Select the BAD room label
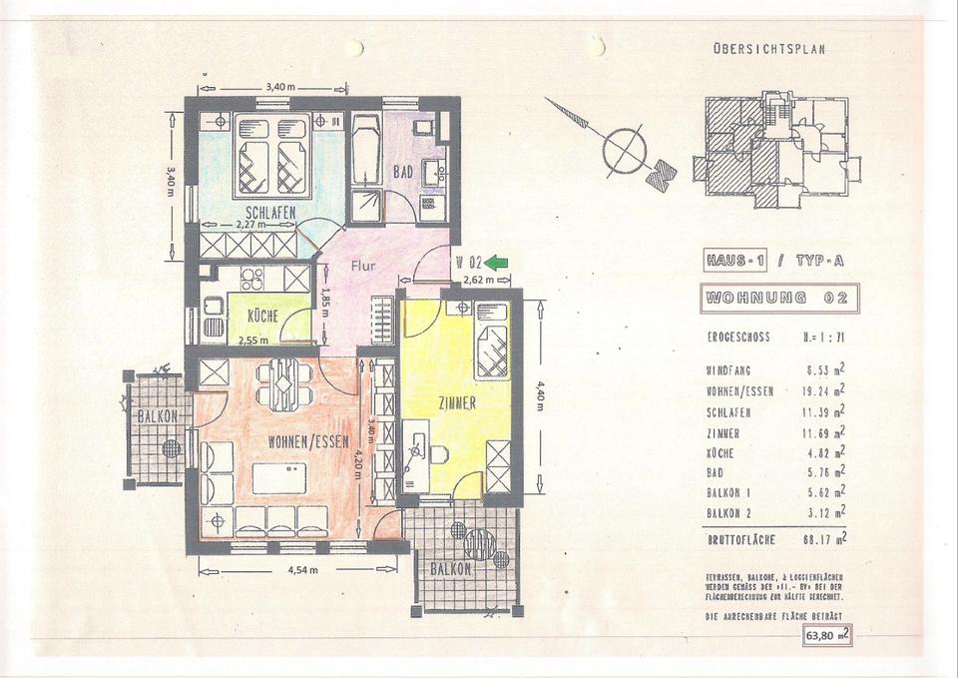402,173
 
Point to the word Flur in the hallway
361,267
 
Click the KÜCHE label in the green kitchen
261,315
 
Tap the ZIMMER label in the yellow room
462,403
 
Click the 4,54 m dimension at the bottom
301,570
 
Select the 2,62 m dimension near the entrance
479,281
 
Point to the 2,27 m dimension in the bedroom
249,226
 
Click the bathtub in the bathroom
365,150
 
